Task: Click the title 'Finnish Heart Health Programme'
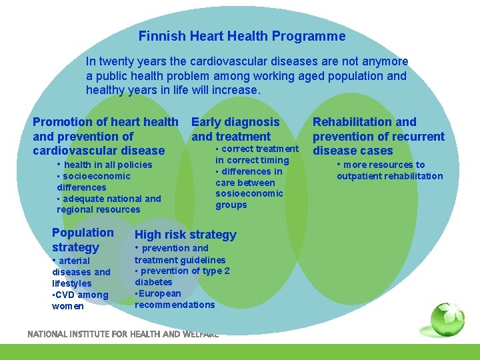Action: click(x=242, y=37)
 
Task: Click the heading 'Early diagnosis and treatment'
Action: click(x=235, y=129)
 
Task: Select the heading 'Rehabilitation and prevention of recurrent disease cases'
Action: click(x=378, y=136)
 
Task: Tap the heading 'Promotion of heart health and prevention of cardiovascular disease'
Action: click(x=105, y=136)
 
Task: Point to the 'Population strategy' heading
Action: click(x=83, y=240)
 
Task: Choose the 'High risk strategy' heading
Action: click(x=185, y=235)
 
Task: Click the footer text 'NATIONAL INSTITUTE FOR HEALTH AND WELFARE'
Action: click(x=123, y=334)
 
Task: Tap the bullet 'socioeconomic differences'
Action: click(x=93, y=182)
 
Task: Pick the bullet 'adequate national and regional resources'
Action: click(x=109, y=204)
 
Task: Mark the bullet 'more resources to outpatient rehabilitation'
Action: click(x=389, y=171)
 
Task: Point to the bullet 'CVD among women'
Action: click(x=79, y=301)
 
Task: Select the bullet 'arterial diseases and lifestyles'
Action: click(x=81, y=271)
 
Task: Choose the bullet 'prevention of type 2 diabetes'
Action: click(x=181, y=276)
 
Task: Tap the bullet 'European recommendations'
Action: click(x=174, y=299)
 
